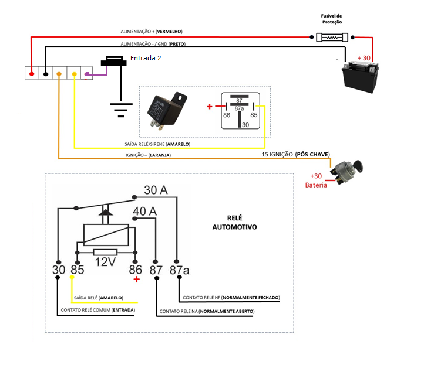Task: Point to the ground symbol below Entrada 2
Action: (120, 108)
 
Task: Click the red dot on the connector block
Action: (32, 74)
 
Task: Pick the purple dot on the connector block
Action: (87, 74)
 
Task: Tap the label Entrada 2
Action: (145, 59)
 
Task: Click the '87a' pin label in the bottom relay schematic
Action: (180, 270)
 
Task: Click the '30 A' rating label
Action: (156, 190)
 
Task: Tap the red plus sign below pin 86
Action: (136, 280)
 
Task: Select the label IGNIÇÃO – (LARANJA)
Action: (147, 155)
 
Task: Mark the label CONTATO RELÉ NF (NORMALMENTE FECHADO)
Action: (231, 297)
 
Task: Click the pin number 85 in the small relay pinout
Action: (254, 115)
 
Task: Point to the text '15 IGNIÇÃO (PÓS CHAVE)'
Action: (295, 154)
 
